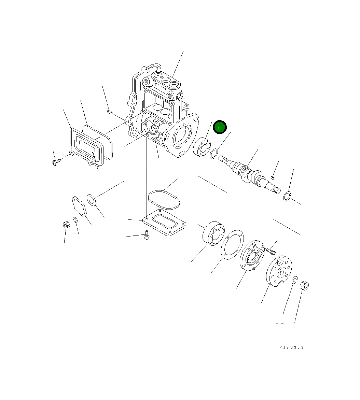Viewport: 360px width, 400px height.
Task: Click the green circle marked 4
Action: [x=219, y=127]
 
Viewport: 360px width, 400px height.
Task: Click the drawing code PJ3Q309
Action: [x=291, y=347]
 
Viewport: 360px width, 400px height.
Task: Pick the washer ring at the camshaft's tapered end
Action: [x=287, y=197]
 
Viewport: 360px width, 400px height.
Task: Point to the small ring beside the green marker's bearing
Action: [x=213, y=154]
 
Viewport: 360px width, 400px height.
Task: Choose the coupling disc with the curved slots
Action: [x=279, y=270]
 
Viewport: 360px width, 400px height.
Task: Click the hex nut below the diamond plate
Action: [x=67, y=225]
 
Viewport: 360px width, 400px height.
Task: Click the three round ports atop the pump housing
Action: [x=165, y=80]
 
